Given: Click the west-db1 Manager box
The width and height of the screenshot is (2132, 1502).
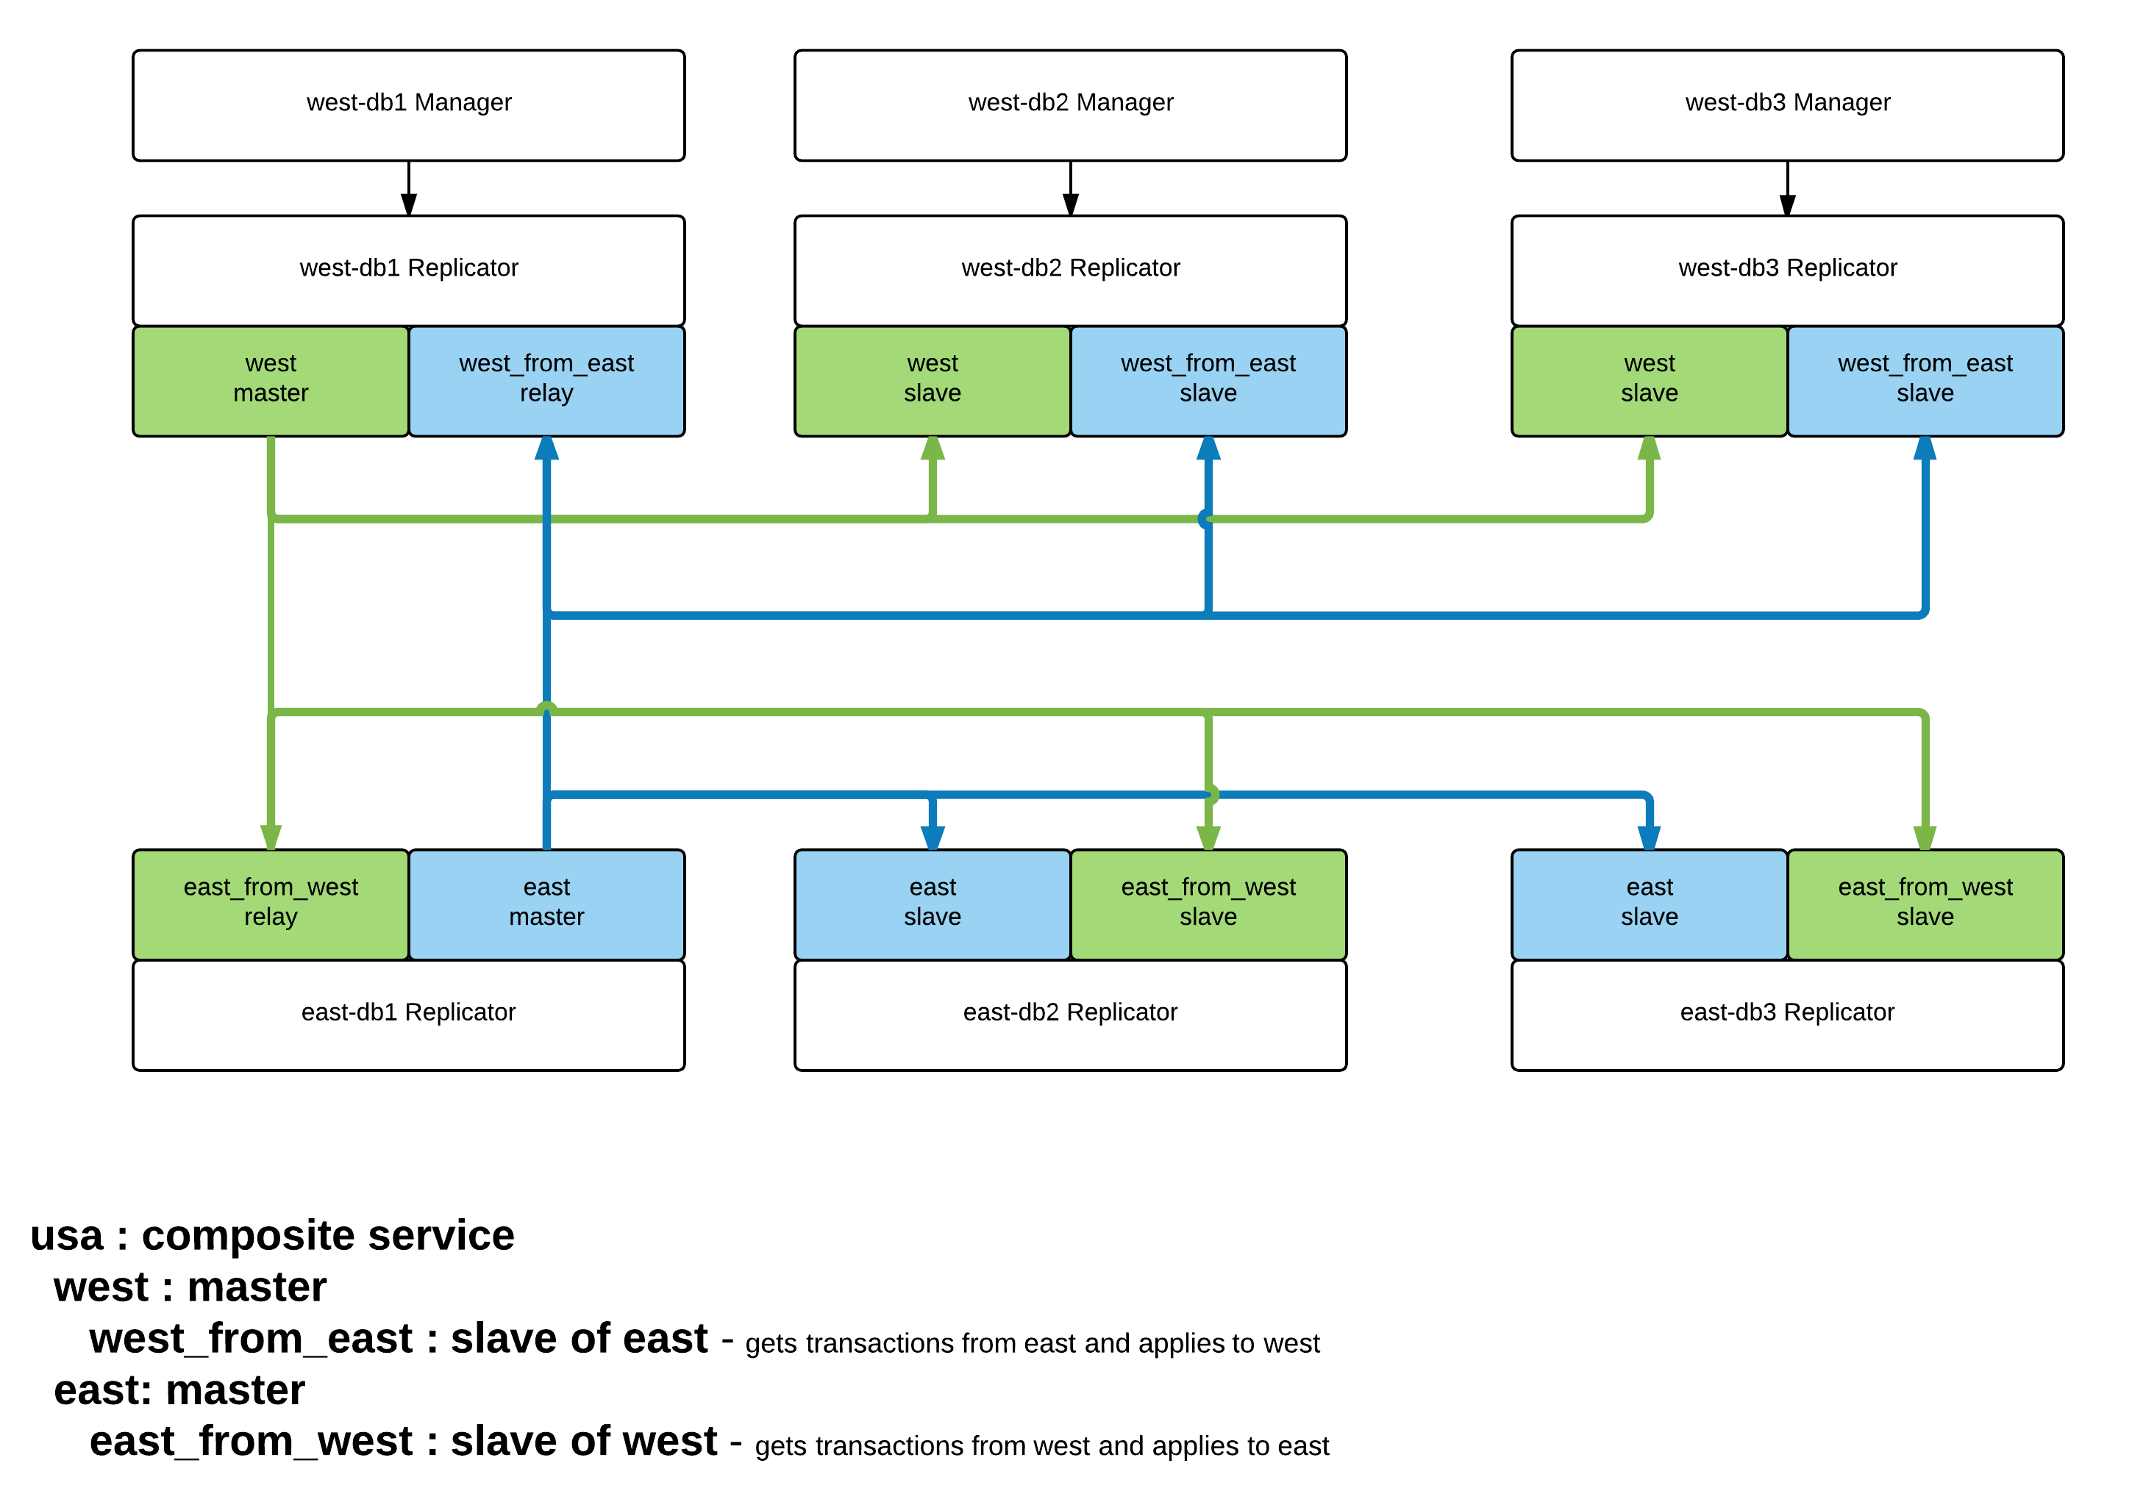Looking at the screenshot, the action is click(x=409, y=105).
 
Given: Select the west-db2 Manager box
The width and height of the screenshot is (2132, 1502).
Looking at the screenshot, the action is click(x=1070, y=105).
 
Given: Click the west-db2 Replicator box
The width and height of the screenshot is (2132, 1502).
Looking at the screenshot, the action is click(x=1070, y=270).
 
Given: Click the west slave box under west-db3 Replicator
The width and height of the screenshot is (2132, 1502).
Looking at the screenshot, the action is click(x=1649, y=381).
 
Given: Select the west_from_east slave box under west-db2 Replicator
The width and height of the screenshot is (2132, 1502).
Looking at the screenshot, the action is click(x=1208, y=381).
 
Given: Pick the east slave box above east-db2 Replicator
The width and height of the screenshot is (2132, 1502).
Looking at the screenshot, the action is click(x=933, y=904).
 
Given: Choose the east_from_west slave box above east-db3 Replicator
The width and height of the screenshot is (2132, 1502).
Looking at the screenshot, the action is click(x=1925, y=904).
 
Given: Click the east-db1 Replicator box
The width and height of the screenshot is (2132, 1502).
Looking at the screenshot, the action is click(x=409, y=1015).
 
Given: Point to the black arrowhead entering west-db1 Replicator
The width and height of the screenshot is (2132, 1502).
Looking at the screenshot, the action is click(x=409, y=204).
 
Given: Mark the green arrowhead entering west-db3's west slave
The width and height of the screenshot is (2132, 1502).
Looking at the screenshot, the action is click(x=1649, y=448).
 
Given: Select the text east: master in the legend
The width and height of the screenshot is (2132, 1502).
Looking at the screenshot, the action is click(x=179, y=1390).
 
